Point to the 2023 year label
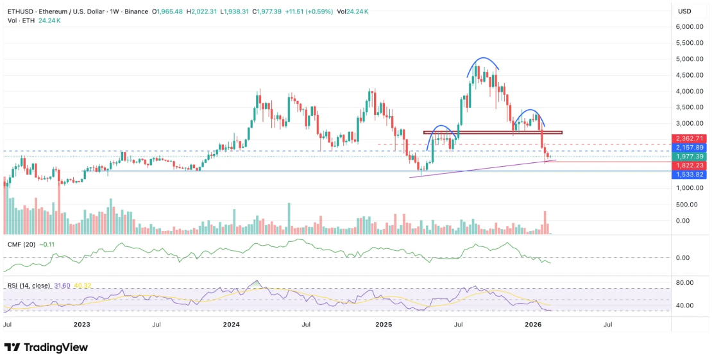tap(81, 325)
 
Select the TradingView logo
tap(46, 347)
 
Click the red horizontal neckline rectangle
tap(493, 132)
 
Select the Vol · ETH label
tap(20, 20)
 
